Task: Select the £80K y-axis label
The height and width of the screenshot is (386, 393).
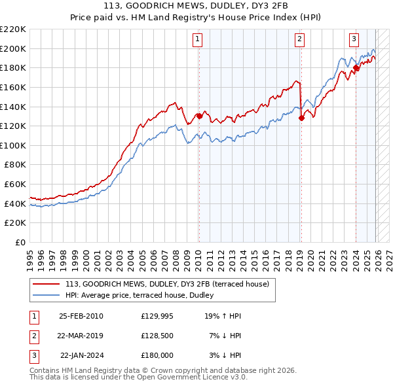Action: (15, 165)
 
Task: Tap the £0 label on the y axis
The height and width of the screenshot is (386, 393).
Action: (20, 243)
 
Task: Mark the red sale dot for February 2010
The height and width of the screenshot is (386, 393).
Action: (198, 116)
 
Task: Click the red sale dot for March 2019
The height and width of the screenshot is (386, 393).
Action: (301, 118)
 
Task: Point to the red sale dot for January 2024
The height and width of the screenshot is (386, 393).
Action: (356, 67)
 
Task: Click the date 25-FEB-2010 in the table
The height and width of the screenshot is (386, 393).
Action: (81, 316)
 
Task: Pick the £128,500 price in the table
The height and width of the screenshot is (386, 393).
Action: (157, 336)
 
